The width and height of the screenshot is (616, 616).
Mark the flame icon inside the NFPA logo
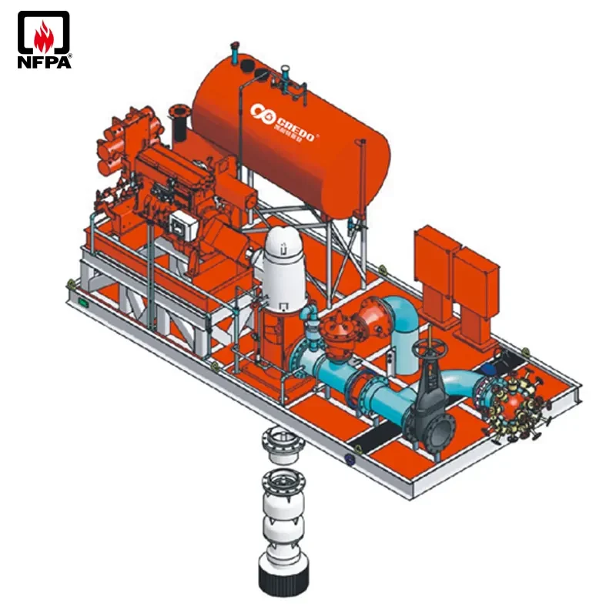(x=44, y=33)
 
